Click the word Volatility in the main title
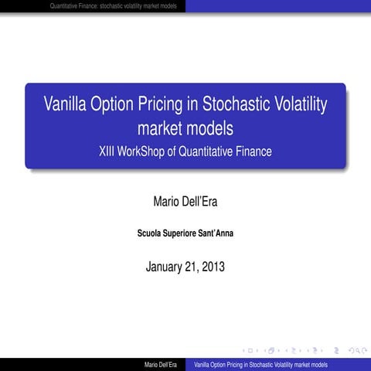tap(307, 104)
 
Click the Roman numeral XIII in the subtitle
tap(109, 151)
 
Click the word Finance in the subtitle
tap(253, 151)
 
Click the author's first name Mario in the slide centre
tap(166, 202)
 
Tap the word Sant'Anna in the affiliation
tap(214, 233)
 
